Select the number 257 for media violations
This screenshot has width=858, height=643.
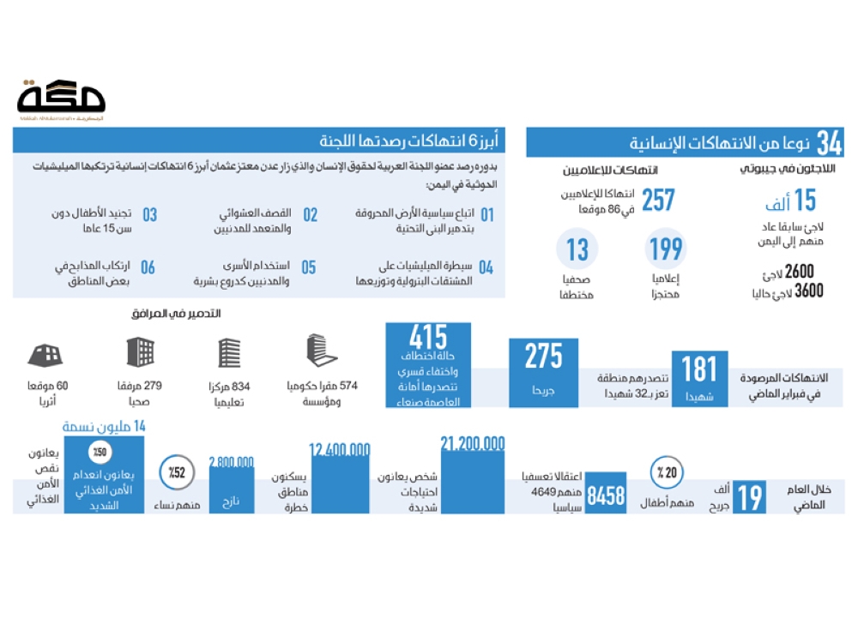pyautogui.click(x=657, y=200)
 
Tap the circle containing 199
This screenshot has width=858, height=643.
pyautogui.click(x=665, y=249)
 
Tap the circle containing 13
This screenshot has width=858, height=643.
pyautogui.click(x=577, y=249)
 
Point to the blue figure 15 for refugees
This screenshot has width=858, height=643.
pyautogui.click(x=804, y=200)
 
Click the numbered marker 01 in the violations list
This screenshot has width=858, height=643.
pyautogui.click(x=487, y=214)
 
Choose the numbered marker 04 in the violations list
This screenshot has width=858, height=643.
pyautogui.click(x=486, y=267)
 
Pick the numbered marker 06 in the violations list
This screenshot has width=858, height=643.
pyautogui.click(x=148, y=267)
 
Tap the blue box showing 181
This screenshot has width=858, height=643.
pyautogui.click(x=698, y=378)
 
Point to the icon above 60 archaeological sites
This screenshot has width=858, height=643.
pyautogui.click(x=45, y=353)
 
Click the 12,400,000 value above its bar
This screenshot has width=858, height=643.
pyautogui.click(x=340, y=450)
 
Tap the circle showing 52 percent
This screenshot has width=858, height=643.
pyautogui.click(x=175, y=472)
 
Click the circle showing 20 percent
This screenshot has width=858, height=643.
pyautogui.click(x=666, y=472)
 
